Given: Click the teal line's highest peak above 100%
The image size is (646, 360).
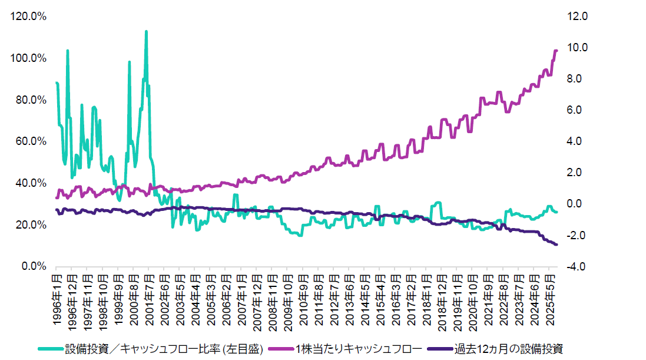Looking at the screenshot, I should pyautogui.click(x=146, y=31).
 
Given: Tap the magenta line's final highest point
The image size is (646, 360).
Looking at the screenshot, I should pyautogui.click(x=556, y=51).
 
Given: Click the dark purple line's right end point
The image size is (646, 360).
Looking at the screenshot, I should pyautogui.click(x=556, y=245).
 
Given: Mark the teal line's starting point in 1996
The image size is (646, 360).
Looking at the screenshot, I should pyautogui.click(x=57, y=83).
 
